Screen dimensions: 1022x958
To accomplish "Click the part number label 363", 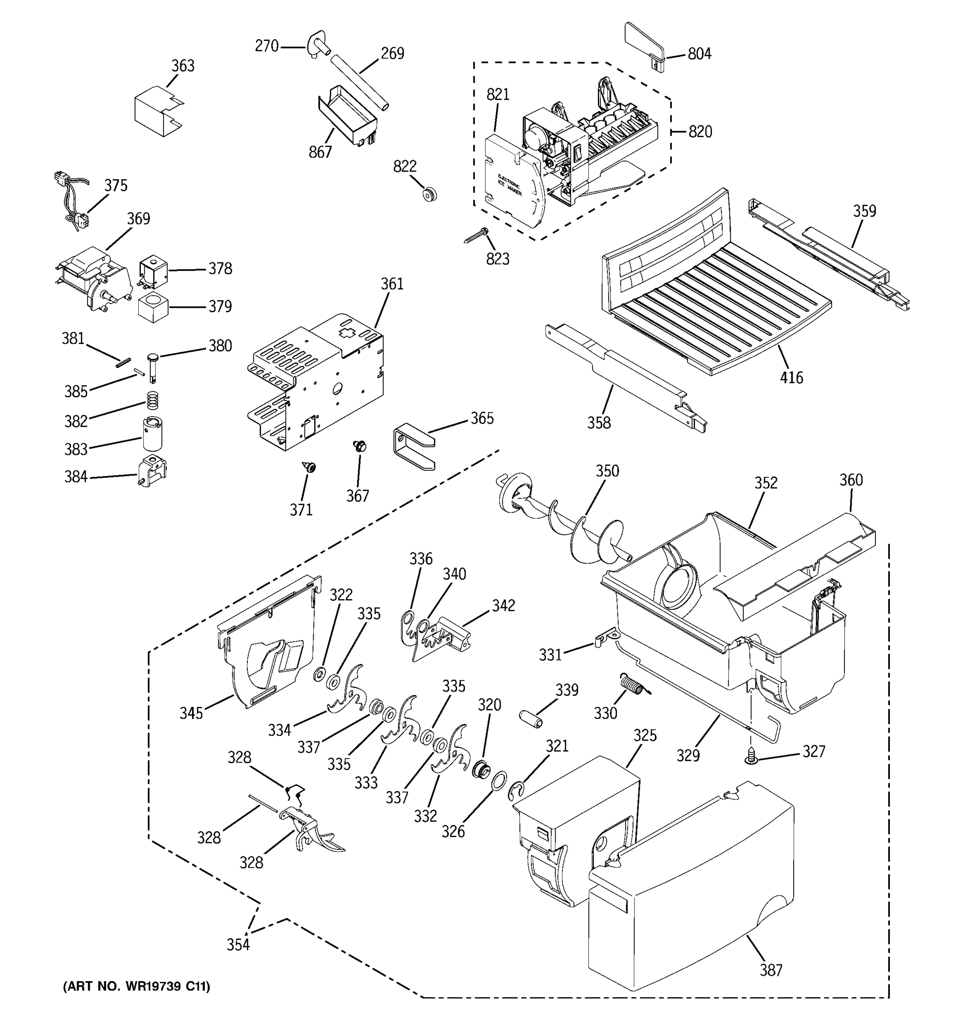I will point(183,66).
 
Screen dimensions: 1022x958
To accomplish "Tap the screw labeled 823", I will point(476,236).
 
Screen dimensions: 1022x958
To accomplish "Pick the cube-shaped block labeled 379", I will point(153,307).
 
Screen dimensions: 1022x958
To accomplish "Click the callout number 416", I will point(791,378).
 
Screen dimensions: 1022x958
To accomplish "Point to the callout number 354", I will point(238,944).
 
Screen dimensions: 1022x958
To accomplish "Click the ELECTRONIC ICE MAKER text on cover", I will point(509,185).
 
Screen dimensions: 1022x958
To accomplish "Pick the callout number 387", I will point(771,970).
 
